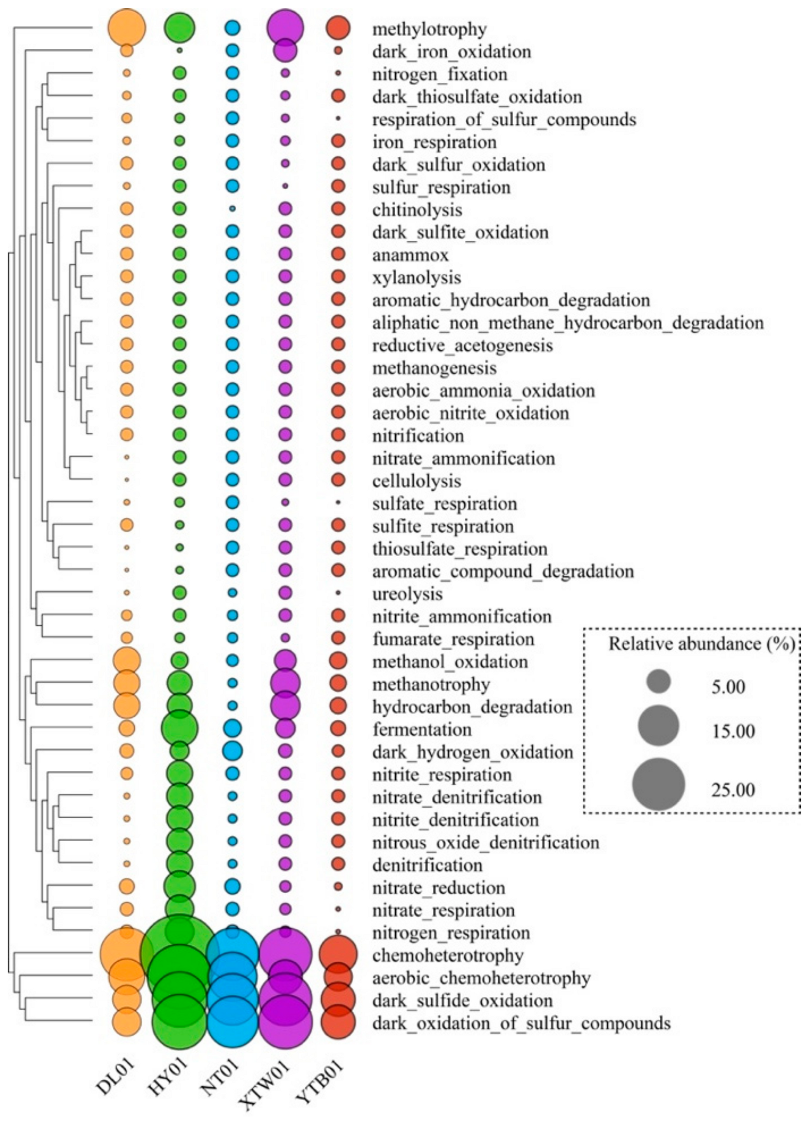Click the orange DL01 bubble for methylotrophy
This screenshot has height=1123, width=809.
127,27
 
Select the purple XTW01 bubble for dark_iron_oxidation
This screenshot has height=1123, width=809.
285,50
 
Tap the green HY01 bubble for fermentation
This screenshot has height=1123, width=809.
180,728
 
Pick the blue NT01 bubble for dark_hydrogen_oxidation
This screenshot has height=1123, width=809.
232,750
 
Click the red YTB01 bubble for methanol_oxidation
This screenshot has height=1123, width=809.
338,661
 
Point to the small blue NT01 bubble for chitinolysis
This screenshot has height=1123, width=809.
232,208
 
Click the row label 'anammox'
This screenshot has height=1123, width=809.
411,255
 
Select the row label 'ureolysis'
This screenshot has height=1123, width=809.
407,594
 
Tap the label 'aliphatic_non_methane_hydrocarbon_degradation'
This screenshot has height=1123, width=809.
568,323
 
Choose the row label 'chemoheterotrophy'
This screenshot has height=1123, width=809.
448,955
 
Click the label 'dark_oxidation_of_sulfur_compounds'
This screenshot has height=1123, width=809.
521,1023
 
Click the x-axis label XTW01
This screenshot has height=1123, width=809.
266,1081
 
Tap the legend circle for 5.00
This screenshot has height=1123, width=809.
658,682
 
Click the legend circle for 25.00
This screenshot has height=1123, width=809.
658,784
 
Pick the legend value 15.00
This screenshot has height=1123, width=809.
733,731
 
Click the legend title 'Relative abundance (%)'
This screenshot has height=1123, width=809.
702,644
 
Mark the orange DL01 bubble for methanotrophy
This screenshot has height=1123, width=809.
127,683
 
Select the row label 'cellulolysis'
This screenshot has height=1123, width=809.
417,481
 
